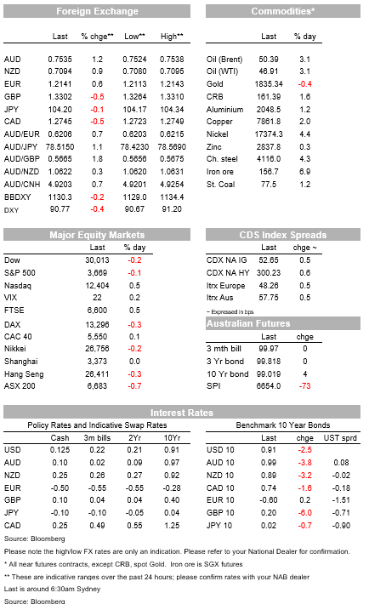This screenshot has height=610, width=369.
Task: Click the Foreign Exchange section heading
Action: pyautogui.click(x=97, y=11)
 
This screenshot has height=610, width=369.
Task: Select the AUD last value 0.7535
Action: pyautogui.click(x=60, y=60)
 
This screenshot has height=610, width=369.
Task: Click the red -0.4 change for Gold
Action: pyautogui.click(x=305, y=84)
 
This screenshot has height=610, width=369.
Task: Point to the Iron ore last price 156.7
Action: pyautogui.click(x=269, y=172)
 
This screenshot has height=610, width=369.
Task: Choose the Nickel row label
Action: pyautogui.click(x=218, y=134)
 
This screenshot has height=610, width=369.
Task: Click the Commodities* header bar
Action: pyautogui.click(x=283, y=11)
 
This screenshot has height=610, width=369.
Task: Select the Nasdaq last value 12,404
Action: pyautogui.click(x=97, y=286)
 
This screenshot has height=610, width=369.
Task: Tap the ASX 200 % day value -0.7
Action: pyautogui.click(x=134, y=386)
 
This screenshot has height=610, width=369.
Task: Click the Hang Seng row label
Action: pyautogui.click(x=24, y=374)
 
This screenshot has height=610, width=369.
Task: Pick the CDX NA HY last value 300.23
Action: pyautogui.click(x=269, y=273)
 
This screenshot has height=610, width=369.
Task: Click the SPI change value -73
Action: pyautogui.click(x=305, y=386)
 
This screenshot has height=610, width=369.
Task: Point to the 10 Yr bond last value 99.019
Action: pyautogui.click(x=269, y=373)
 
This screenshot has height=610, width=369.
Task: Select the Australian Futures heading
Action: pyautogui.click(x=248, y=323)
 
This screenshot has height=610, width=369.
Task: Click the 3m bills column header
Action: pyautogui.click(x=97, y=438)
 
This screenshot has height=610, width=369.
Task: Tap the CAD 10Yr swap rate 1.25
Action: pyautogui.click(x=172, y=526)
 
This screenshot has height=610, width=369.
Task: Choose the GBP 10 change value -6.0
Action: pyautogui.click(x=305, y=513)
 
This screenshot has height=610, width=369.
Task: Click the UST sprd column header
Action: pyautogui.click(x=340, y=438)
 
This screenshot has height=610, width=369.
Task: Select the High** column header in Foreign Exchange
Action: pyautogui.click(x=172, y=37)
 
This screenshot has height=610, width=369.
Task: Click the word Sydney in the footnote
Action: pyautogui.click(x=88, y=589)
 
